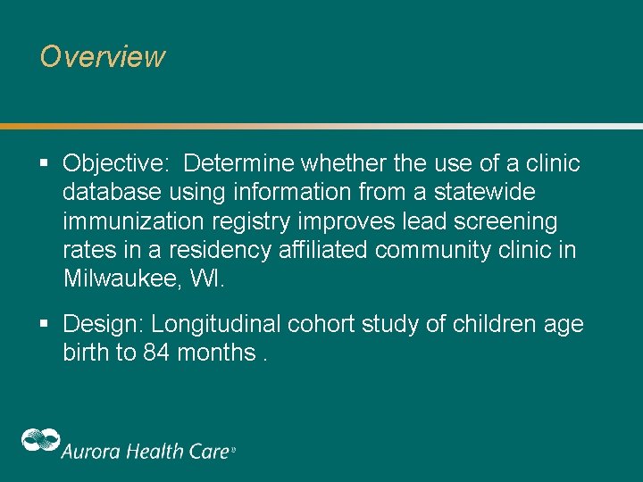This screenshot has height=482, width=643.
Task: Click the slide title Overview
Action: tap(103, 57)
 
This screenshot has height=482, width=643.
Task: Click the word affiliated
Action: tap(323, 250)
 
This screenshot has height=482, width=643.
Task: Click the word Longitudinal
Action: tap(209, 324)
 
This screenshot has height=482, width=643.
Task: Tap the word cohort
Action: tap(328, 324)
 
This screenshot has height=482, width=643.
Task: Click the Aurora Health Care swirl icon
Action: tap(40, 441)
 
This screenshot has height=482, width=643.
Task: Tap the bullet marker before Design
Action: tap(44, 324)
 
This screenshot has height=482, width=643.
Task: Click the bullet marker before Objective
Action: tap(44, 164)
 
